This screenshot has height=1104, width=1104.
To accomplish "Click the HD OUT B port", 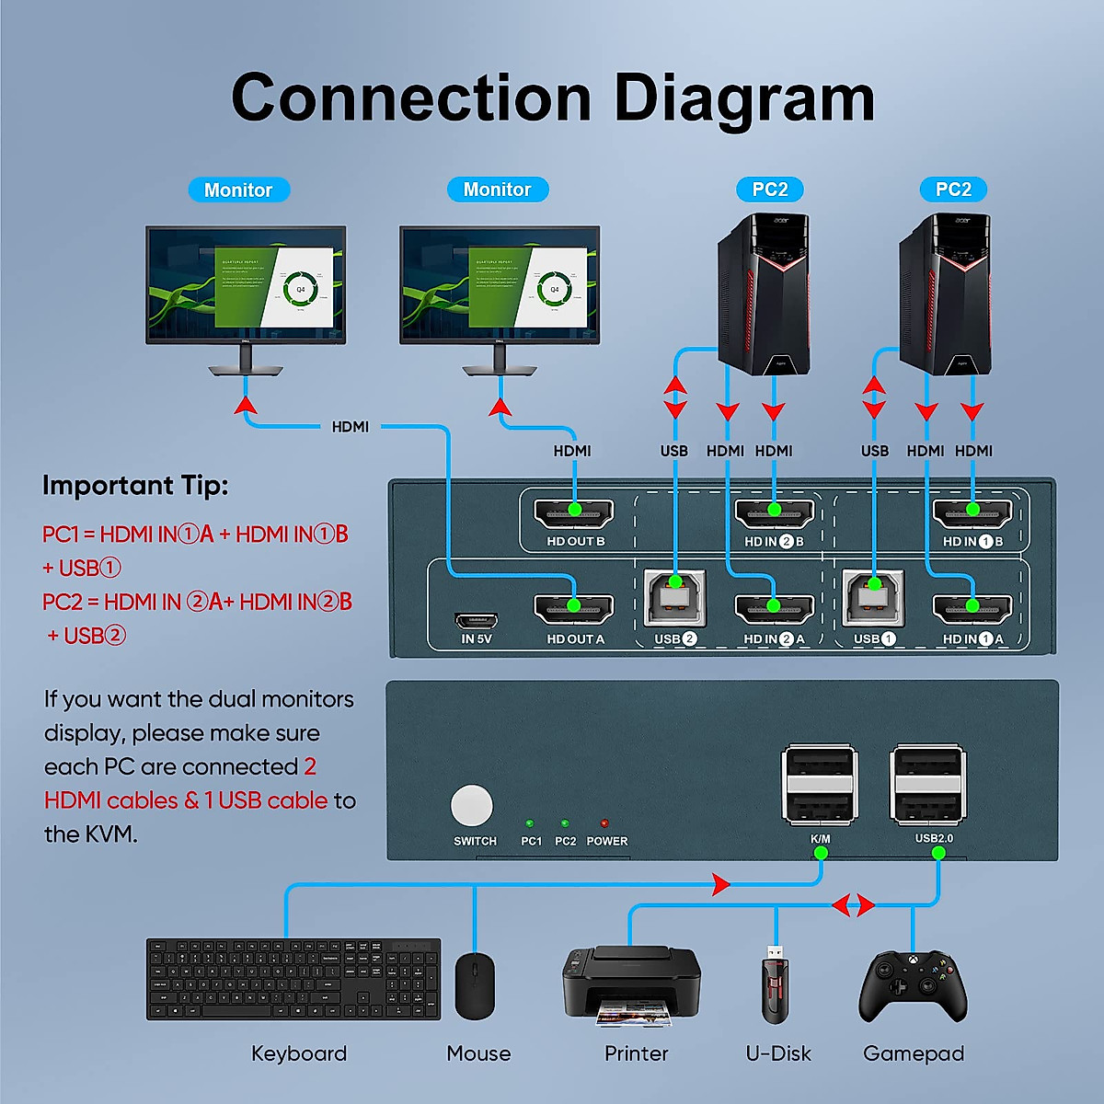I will [575, 512].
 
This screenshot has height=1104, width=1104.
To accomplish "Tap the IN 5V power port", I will [476, 621].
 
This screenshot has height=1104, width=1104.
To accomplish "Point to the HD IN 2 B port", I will [774, 512].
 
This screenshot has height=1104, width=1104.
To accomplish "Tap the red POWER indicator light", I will [604, 823].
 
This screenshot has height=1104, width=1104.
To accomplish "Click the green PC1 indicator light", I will [529, 823].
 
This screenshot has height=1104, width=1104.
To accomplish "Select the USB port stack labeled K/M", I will [820, 785].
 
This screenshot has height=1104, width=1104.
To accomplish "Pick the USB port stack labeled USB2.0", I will [930, 785].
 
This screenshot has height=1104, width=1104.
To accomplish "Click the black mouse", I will [475, 986].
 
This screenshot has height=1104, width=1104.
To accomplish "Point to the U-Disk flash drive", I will [776, 986].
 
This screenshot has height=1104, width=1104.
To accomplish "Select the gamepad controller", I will [913, 987].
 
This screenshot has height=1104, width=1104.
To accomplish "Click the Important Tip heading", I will [135, 486].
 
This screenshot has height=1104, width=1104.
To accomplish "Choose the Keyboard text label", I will [299, 1053].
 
